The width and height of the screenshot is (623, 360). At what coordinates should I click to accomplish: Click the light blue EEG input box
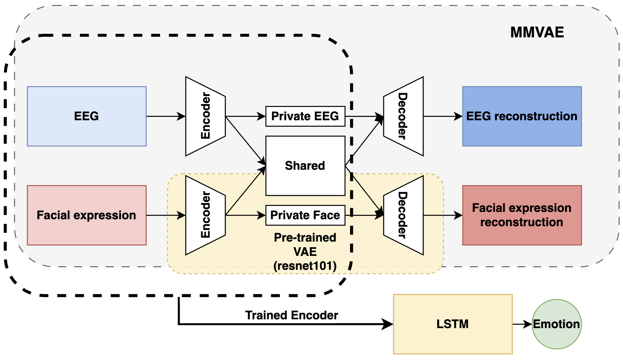[x=86, y=116]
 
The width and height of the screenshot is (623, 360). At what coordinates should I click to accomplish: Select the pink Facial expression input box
[x=86, y=215]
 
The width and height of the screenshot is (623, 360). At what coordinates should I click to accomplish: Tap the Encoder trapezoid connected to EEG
[x=205, y=116]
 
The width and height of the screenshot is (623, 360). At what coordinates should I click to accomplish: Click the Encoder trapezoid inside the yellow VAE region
[x=205, y=215]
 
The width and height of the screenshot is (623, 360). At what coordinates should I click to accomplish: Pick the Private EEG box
[x=305, y=116]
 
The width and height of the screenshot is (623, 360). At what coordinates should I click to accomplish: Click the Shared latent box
[x=305, y=166]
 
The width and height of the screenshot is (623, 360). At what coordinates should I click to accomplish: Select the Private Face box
[x=305, y=215]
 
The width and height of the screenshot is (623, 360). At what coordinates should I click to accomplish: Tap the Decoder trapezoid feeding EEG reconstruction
[x=403, y=116]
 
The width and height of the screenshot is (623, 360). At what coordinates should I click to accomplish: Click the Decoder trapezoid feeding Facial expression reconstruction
[x=403, y=215]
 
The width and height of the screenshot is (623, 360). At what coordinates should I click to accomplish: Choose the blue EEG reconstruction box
[x=521, y=116]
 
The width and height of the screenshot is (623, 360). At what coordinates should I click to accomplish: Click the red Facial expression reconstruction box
[x=521, y=215]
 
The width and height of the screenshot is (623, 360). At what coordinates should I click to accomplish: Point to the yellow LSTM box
[x=452, y=324]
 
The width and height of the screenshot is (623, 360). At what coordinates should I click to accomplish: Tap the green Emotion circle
[x=556, y=324]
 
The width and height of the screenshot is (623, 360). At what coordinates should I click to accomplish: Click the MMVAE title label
[x=537, y=33]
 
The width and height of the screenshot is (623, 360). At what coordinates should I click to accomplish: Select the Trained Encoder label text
[x=291, y=315]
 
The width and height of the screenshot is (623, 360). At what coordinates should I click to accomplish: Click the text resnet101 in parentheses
[x=305, y=266]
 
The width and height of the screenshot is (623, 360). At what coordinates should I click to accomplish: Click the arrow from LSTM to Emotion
[x=522, y=324]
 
